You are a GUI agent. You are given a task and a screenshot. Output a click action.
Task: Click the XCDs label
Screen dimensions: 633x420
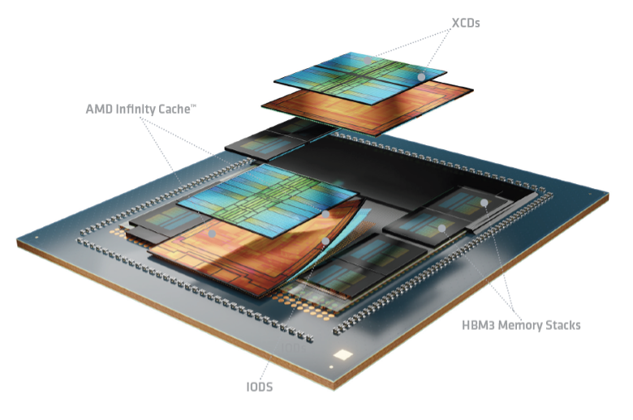click(x=466, y=23)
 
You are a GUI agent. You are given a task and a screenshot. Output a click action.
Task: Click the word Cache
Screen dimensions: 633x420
click(x=174, y=109)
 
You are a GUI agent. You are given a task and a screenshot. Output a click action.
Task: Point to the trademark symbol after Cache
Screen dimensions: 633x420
click(x=193, y=106)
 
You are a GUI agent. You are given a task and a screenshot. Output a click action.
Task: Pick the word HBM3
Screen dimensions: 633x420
click(x=478, y=325)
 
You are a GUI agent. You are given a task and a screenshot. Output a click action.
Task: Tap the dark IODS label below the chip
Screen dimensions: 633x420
click(x=260, y=387)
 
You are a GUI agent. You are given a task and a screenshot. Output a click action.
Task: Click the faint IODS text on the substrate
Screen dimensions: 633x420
click(x=294, y=347)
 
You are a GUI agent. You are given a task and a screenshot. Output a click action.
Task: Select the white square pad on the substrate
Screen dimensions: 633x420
click(x=343, y=355)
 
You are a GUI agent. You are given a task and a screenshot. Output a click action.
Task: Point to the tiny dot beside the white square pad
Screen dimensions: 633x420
click(x=331, y=367)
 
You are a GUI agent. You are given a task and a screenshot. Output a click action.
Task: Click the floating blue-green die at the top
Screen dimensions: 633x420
click(x=360, y=78)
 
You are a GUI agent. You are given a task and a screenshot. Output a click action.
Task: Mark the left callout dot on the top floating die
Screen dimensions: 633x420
click(x=368, y=61)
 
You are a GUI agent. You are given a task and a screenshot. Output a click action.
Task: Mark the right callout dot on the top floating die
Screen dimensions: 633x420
click(x=421, y=77)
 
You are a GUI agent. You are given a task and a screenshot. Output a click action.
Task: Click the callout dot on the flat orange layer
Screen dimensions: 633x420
click(x=212, y=234)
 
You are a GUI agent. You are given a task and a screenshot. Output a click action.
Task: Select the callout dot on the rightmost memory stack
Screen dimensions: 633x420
click(x=484, y=203)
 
